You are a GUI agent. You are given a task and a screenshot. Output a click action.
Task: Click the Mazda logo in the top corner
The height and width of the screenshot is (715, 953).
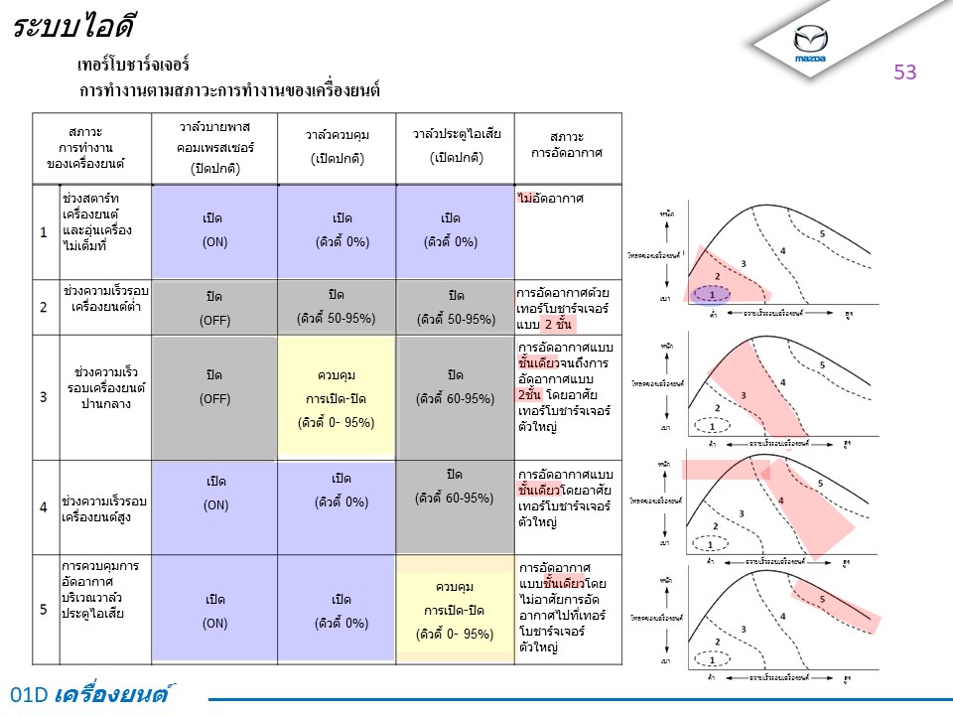point(810,43)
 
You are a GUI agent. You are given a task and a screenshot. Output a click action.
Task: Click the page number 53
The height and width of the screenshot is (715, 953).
point(904,71)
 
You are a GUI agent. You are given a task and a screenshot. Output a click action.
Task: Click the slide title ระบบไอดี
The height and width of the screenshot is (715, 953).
point(74,27)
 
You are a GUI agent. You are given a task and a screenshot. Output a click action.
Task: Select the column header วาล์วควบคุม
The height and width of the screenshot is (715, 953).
point(337,146)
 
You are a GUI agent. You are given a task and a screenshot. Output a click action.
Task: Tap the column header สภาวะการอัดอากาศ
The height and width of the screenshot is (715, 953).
point(567,146)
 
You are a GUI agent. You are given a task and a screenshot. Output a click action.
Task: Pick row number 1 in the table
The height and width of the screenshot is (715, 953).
point(44,232)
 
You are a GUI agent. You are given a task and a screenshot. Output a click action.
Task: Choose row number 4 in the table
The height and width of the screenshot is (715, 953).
point(44,506)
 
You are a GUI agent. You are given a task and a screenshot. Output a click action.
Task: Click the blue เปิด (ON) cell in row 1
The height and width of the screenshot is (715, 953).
point(214,229)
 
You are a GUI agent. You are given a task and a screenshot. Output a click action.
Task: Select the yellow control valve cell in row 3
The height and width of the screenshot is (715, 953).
point(337,398)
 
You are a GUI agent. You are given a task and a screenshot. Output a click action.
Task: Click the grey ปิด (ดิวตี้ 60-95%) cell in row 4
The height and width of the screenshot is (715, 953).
point(456,486)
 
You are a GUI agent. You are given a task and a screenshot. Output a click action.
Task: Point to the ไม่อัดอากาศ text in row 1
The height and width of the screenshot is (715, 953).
point(550,199)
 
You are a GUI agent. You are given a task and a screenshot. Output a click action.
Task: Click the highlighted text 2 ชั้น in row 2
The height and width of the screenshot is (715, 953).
point(561,325)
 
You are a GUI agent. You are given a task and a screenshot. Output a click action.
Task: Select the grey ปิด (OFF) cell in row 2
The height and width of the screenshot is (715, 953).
point(214,308)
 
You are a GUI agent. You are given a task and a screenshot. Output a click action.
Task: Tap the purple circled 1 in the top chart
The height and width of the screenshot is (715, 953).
point(711,294)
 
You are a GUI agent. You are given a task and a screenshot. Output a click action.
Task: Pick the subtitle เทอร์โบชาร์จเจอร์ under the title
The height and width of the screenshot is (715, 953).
point(133,66)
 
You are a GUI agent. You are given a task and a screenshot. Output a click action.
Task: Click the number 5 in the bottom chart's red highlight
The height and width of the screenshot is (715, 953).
point(822,599)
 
